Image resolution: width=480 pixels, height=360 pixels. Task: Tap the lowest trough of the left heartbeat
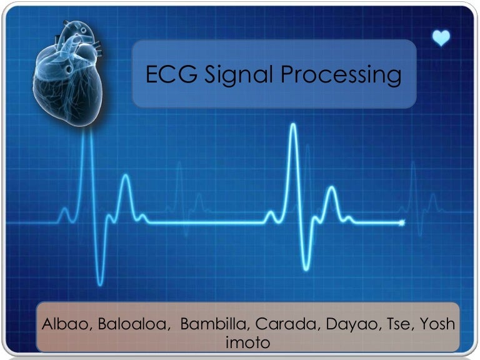(100, 282)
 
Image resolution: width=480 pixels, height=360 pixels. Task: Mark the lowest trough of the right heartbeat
(306, 268)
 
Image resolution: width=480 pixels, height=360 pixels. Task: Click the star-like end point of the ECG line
(402, 222)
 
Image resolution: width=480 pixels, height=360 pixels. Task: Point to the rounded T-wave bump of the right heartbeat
(331, 189)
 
